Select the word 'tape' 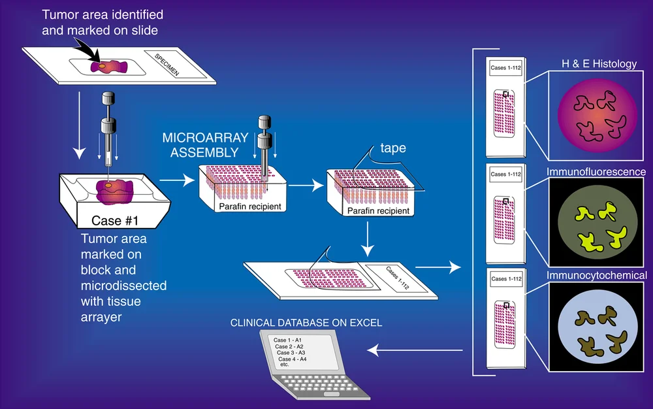394,148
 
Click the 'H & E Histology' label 599,63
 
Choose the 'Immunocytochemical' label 597,276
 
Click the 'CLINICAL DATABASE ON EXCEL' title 306,323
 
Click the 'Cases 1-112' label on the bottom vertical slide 506,279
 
